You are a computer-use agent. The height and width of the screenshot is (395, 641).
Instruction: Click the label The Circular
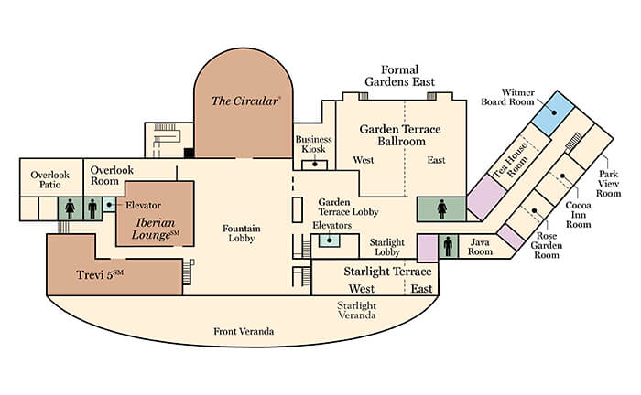pos(245,101)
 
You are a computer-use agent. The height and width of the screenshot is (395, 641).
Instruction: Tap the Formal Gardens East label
pos(399,76)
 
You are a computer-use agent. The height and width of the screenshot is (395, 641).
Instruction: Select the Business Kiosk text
pos(313,144)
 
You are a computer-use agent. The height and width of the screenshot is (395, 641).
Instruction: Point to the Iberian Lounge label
pos(156,229)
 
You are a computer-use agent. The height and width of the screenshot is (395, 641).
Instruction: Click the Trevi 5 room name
pos(100,274)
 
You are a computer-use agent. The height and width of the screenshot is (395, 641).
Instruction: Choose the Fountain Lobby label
pos(241,233)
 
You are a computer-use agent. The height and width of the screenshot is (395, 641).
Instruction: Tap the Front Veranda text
pos(244,331)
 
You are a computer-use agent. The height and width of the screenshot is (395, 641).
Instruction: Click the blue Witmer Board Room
pos(553,113)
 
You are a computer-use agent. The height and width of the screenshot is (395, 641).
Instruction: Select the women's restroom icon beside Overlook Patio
pos(70,208)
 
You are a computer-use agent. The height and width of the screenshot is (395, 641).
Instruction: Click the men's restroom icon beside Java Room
pos(448,246)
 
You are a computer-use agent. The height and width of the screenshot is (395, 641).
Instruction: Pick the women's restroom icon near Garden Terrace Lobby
pos(442,209)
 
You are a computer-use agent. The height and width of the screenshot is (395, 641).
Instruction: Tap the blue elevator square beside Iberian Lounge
pos(109,205)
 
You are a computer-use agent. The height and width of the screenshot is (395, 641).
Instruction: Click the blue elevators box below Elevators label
pos(330,240)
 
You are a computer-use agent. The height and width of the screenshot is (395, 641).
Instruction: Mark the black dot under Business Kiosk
pos(315,165)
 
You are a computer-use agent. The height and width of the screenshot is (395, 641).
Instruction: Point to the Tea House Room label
pos(512,161)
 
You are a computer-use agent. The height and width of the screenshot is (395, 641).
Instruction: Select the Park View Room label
pos(608,184)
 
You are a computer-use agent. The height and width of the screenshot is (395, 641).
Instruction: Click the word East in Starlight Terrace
pos(421,289)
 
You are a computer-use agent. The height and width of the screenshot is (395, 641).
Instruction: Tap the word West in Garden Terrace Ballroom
pos(364,160)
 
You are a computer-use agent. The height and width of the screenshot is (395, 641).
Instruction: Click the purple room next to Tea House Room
pos(486,197)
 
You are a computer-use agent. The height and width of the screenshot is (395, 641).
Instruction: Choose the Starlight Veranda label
pos(357,310)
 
